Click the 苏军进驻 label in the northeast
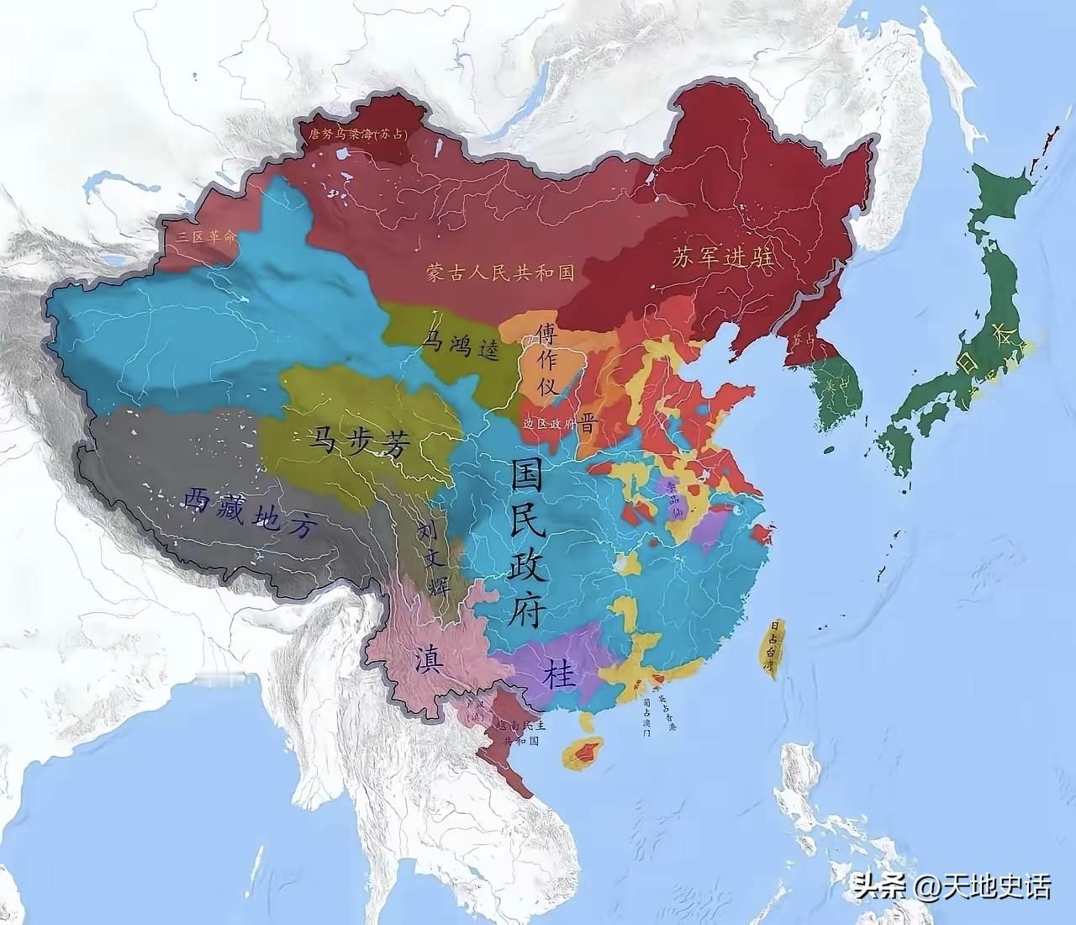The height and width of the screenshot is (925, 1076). [722, 257]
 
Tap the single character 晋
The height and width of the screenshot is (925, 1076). [586, 423]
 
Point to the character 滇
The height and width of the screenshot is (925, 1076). [428, 659]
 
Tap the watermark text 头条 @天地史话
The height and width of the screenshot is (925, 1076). [950, 887]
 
